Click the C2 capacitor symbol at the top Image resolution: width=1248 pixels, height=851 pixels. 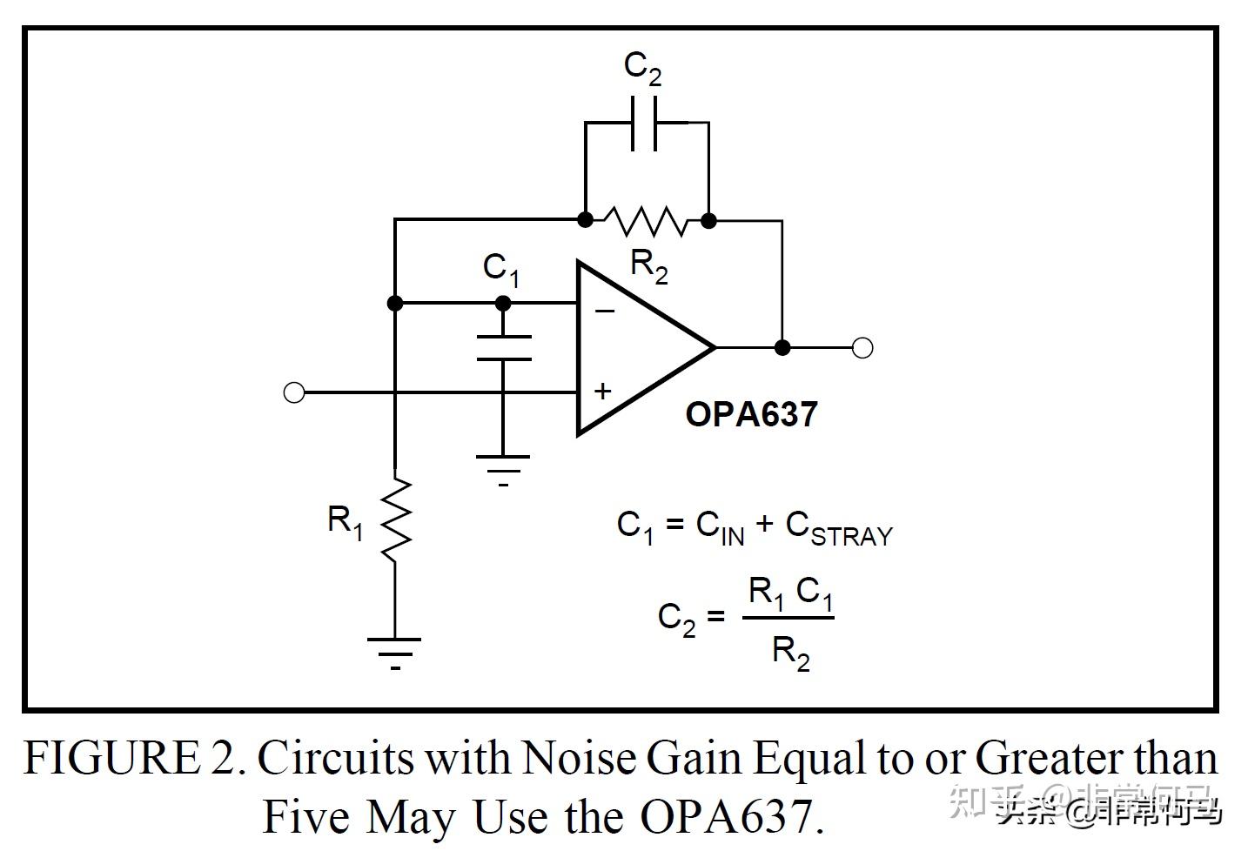645,123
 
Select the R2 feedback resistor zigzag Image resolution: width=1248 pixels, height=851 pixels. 647,220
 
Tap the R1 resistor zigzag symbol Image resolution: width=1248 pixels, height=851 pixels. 395,520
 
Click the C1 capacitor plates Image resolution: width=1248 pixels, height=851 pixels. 503,347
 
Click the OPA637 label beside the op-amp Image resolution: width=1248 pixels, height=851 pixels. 751,414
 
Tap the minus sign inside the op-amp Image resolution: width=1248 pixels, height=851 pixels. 604,311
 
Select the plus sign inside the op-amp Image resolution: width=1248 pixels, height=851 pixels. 602,391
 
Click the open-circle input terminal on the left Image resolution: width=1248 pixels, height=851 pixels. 294,392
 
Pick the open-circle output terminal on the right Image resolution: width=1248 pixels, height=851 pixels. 862,347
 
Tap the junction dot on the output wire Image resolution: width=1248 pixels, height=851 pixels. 782,347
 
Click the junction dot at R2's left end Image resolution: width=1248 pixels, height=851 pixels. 586,220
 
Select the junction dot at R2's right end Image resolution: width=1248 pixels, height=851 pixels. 709,220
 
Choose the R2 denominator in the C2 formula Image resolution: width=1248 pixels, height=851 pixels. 790,652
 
